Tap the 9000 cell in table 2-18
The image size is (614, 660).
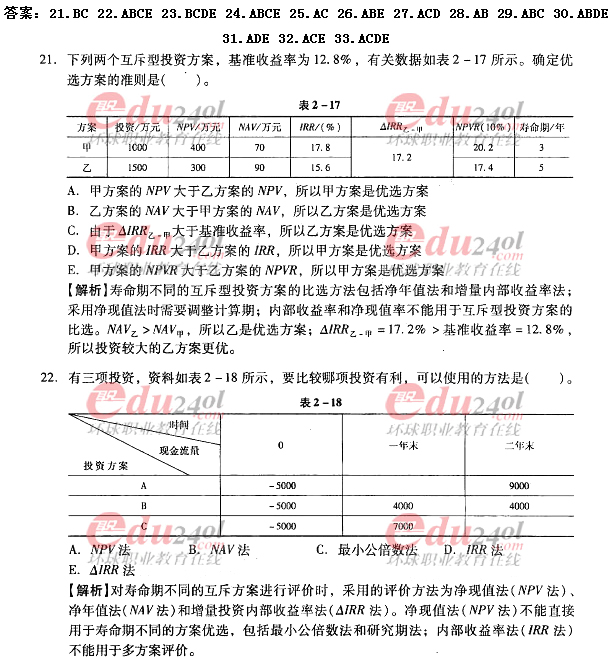[519, 486]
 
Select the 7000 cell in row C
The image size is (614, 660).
[403, 525]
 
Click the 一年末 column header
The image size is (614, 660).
[403, 444]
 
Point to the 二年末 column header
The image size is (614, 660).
[519, 444]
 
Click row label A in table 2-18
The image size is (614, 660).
[144, 486]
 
